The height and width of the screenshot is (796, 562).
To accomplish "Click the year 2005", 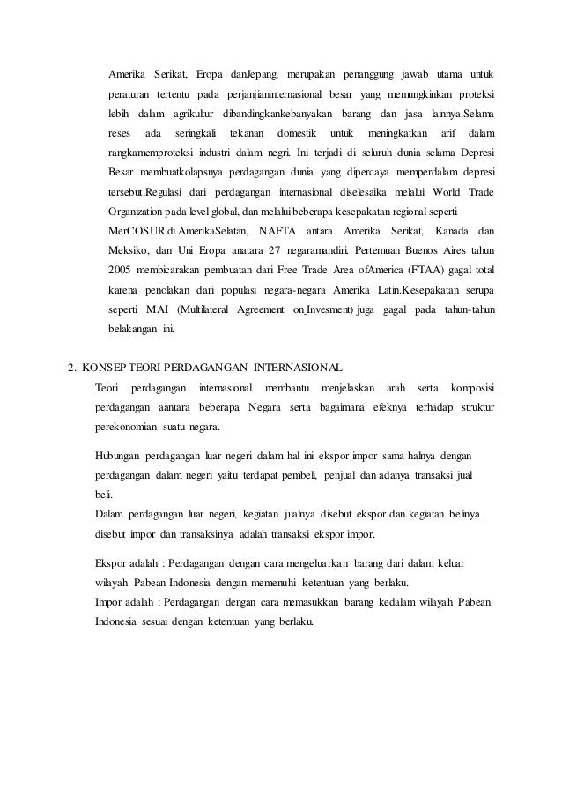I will click(x=120, y=269).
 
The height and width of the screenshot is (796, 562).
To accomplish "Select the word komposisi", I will click(x=471, y=389).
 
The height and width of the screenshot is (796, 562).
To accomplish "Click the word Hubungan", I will click(x=119, y=457).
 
